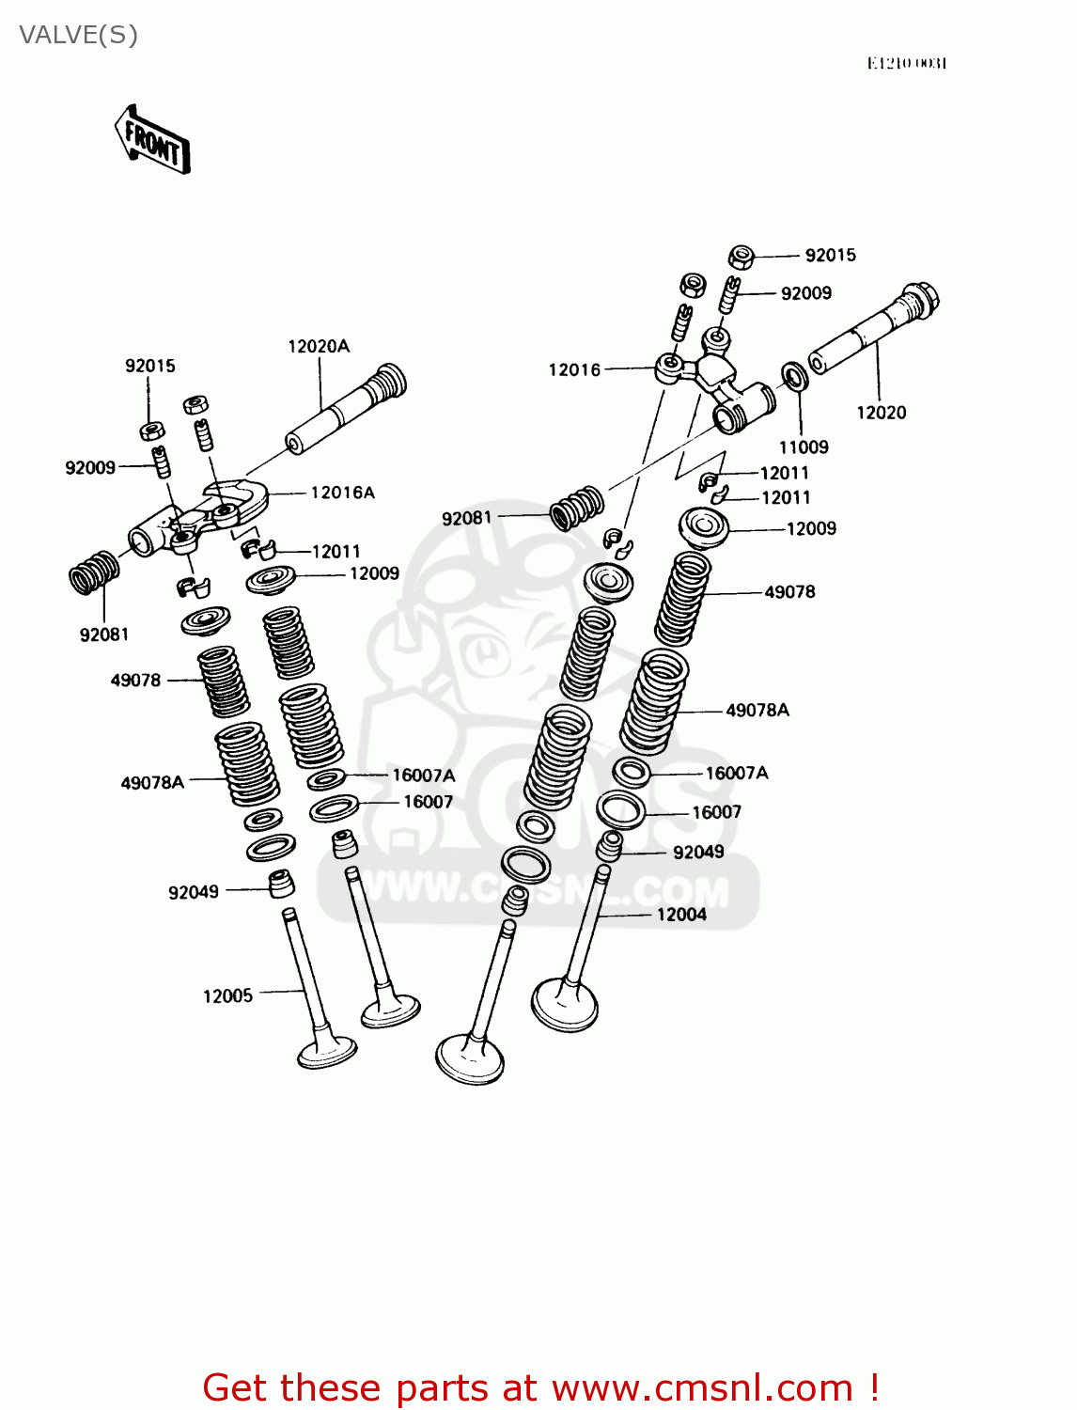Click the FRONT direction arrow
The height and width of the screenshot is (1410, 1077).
point(152,141)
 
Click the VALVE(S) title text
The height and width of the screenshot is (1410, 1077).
point(79,35)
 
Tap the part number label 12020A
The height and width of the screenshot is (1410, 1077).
point(319,346)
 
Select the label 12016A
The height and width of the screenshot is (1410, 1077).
point(342,493)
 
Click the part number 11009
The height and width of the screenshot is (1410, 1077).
point(804,447)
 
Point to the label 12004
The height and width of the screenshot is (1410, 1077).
point(681,915)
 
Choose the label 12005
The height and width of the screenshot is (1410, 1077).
point(227,996)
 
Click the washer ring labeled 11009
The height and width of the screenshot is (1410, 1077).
point(795,378)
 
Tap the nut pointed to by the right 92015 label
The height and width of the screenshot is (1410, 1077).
point(741,257)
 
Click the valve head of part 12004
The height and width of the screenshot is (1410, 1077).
point(564,1005)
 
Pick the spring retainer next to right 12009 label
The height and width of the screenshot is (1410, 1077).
point(704,527)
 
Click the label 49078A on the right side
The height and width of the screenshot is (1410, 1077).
point(757,711)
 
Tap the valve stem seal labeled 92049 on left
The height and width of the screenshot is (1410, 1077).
point(281,884)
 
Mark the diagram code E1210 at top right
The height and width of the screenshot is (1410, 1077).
point(906,63)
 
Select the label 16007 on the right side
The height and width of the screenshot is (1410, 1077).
point(716,812)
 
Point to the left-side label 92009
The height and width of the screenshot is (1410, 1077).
point(90,468)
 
